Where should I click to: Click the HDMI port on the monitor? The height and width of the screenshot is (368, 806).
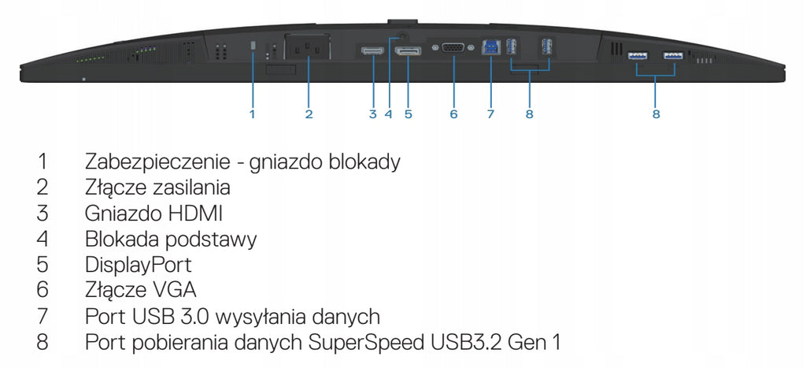tap(372, 50)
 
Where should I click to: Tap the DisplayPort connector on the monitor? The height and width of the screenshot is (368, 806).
tap(408, 50)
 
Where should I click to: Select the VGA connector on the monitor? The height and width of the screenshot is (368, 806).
tap(453, 48)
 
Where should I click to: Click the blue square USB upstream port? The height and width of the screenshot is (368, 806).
tap(490, 48)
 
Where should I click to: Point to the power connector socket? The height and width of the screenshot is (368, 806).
tap(308, 48)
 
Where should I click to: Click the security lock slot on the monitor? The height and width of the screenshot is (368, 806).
tap(253, 46)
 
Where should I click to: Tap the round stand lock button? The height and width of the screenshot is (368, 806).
tap(402, 36)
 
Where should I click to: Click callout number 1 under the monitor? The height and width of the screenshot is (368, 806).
tap(253, 113)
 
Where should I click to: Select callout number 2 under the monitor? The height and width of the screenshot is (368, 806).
tap(309, 113)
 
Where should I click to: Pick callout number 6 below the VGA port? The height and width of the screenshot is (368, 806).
tap(453, 113)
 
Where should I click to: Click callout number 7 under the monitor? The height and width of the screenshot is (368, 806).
tap(490, 113)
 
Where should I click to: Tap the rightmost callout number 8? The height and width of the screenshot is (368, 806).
tap(656, 113)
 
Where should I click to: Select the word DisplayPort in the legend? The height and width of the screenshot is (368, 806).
tap(139, 265)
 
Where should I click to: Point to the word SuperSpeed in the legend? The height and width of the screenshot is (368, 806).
tap(368, 342)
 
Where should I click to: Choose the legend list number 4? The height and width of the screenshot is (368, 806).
tap(43, 239)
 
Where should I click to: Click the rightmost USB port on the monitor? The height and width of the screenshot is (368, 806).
tap(673, 55)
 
